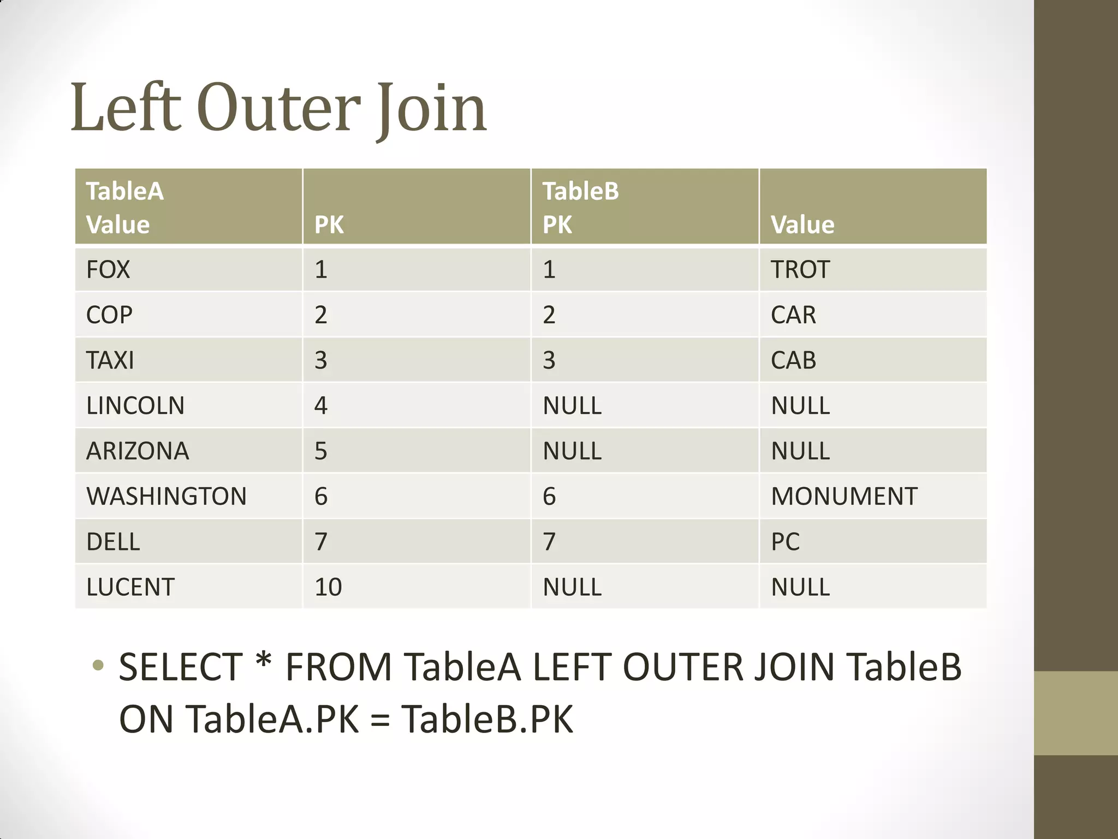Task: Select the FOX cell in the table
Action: point(108,270)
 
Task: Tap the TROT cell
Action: point(800,270)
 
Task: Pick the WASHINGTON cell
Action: point(166,497)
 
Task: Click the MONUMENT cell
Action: point(844,497)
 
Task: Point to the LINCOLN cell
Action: point(135,406)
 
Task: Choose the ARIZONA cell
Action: point(138,451)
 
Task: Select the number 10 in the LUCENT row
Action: point(328,587)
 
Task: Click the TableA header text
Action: point(125,192)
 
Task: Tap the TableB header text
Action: point(581,192)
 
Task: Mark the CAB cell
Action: point(793,361)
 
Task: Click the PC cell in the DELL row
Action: point(785,542)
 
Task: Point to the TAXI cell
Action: point(110,361)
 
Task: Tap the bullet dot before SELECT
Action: point(98,665)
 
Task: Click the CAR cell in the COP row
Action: point(793,315)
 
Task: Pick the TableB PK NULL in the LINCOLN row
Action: point(572,406)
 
